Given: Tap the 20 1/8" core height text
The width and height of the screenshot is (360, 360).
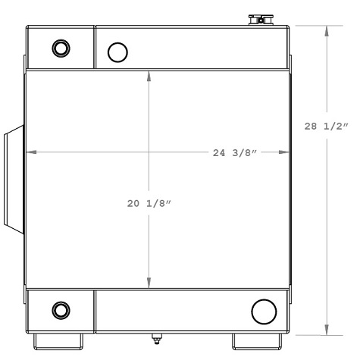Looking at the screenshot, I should point(149,203).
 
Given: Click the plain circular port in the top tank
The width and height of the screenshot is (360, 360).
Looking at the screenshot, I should point(117,52).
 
